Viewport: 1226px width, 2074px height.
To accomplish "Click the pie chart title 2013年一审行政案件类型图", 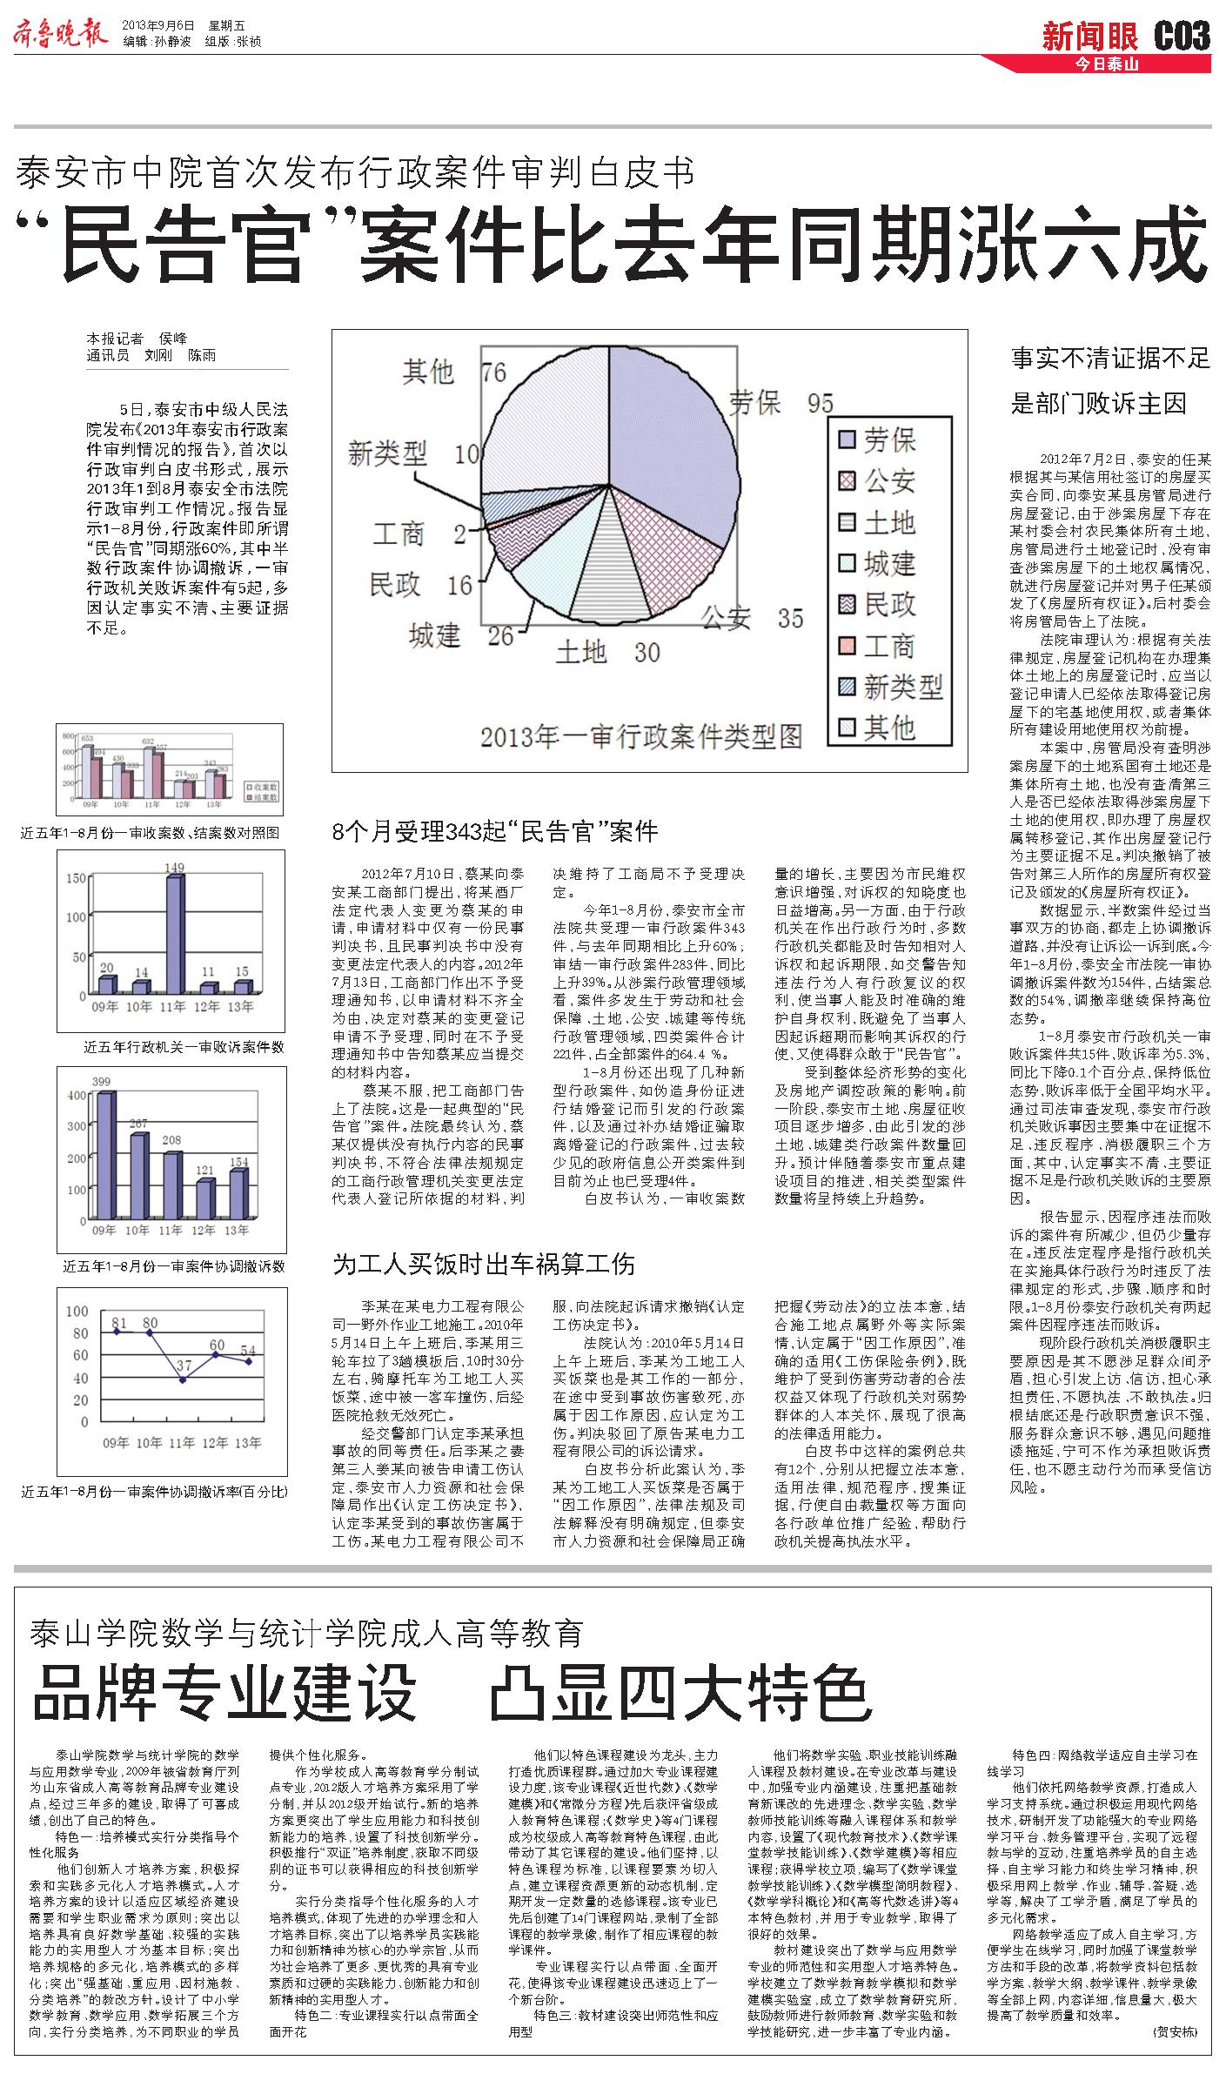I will (640, 736).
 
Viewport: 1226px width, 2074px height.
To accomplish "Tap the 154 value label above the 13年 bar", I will (238, 1161).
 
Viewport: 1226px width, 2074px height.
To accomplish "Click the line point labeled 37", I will (183, 1379).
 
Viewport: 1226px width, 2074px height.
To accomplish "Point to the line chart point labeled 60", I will (217, 1354).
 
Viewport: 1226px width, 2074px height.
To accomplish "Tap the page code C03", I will (1182, 36).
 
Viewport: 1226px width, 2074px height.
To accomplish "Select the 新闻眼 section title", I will (1090, 37).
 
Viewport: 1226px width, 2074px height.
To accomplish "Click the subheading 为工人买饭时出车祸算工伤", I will (484, 1265).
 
